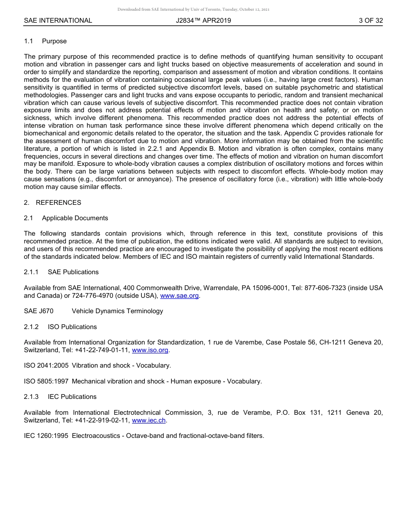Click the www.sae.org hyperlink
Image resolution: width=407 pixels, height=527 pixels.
180,296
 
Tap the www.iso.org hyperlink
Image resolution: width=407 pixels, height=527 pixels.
150,350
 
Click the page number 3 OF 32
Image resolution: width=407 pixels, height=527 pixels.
371,20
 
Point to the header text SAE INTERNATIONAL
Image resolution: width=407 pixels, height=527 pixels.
58,20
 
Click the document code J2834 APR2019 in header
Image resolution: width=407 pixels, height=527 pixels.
203,20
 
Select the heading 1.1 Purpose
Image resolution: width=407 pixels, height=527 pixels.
45,41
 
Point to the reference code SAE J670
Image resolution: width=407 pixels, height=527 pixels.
39,311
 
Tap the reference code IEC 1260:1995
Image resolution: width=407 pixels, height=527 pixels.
46,436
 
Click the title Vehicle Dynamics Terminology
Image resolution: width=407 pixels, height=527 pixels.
117,311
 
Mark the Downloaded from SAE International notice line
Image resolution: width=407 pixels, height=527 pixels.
193,9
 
